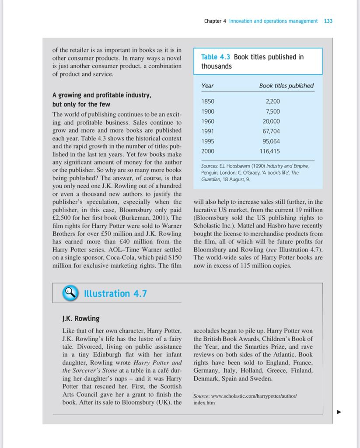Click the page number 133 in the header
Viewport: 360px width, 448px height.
pos(328,21)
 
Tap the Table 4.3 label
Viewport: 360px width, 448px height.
pos(216,57)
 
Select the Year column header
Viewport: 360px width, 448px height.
pos(207,86)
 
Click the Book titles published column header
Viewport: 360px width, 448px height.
pos(286,86)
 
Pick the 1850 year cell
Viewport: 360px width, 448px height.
pos(208,101)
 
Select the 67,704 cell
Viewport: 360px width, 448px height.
pos(271,131)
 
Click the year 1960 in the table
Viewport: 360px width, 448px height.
pos(208,121)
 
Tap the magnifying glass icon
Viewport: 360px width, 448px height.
pos(70,293)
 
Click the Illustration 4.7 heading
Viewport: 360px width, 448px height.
pos(115,294)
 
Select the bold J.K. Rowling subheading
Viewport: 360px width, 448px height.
pos(81,318)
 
